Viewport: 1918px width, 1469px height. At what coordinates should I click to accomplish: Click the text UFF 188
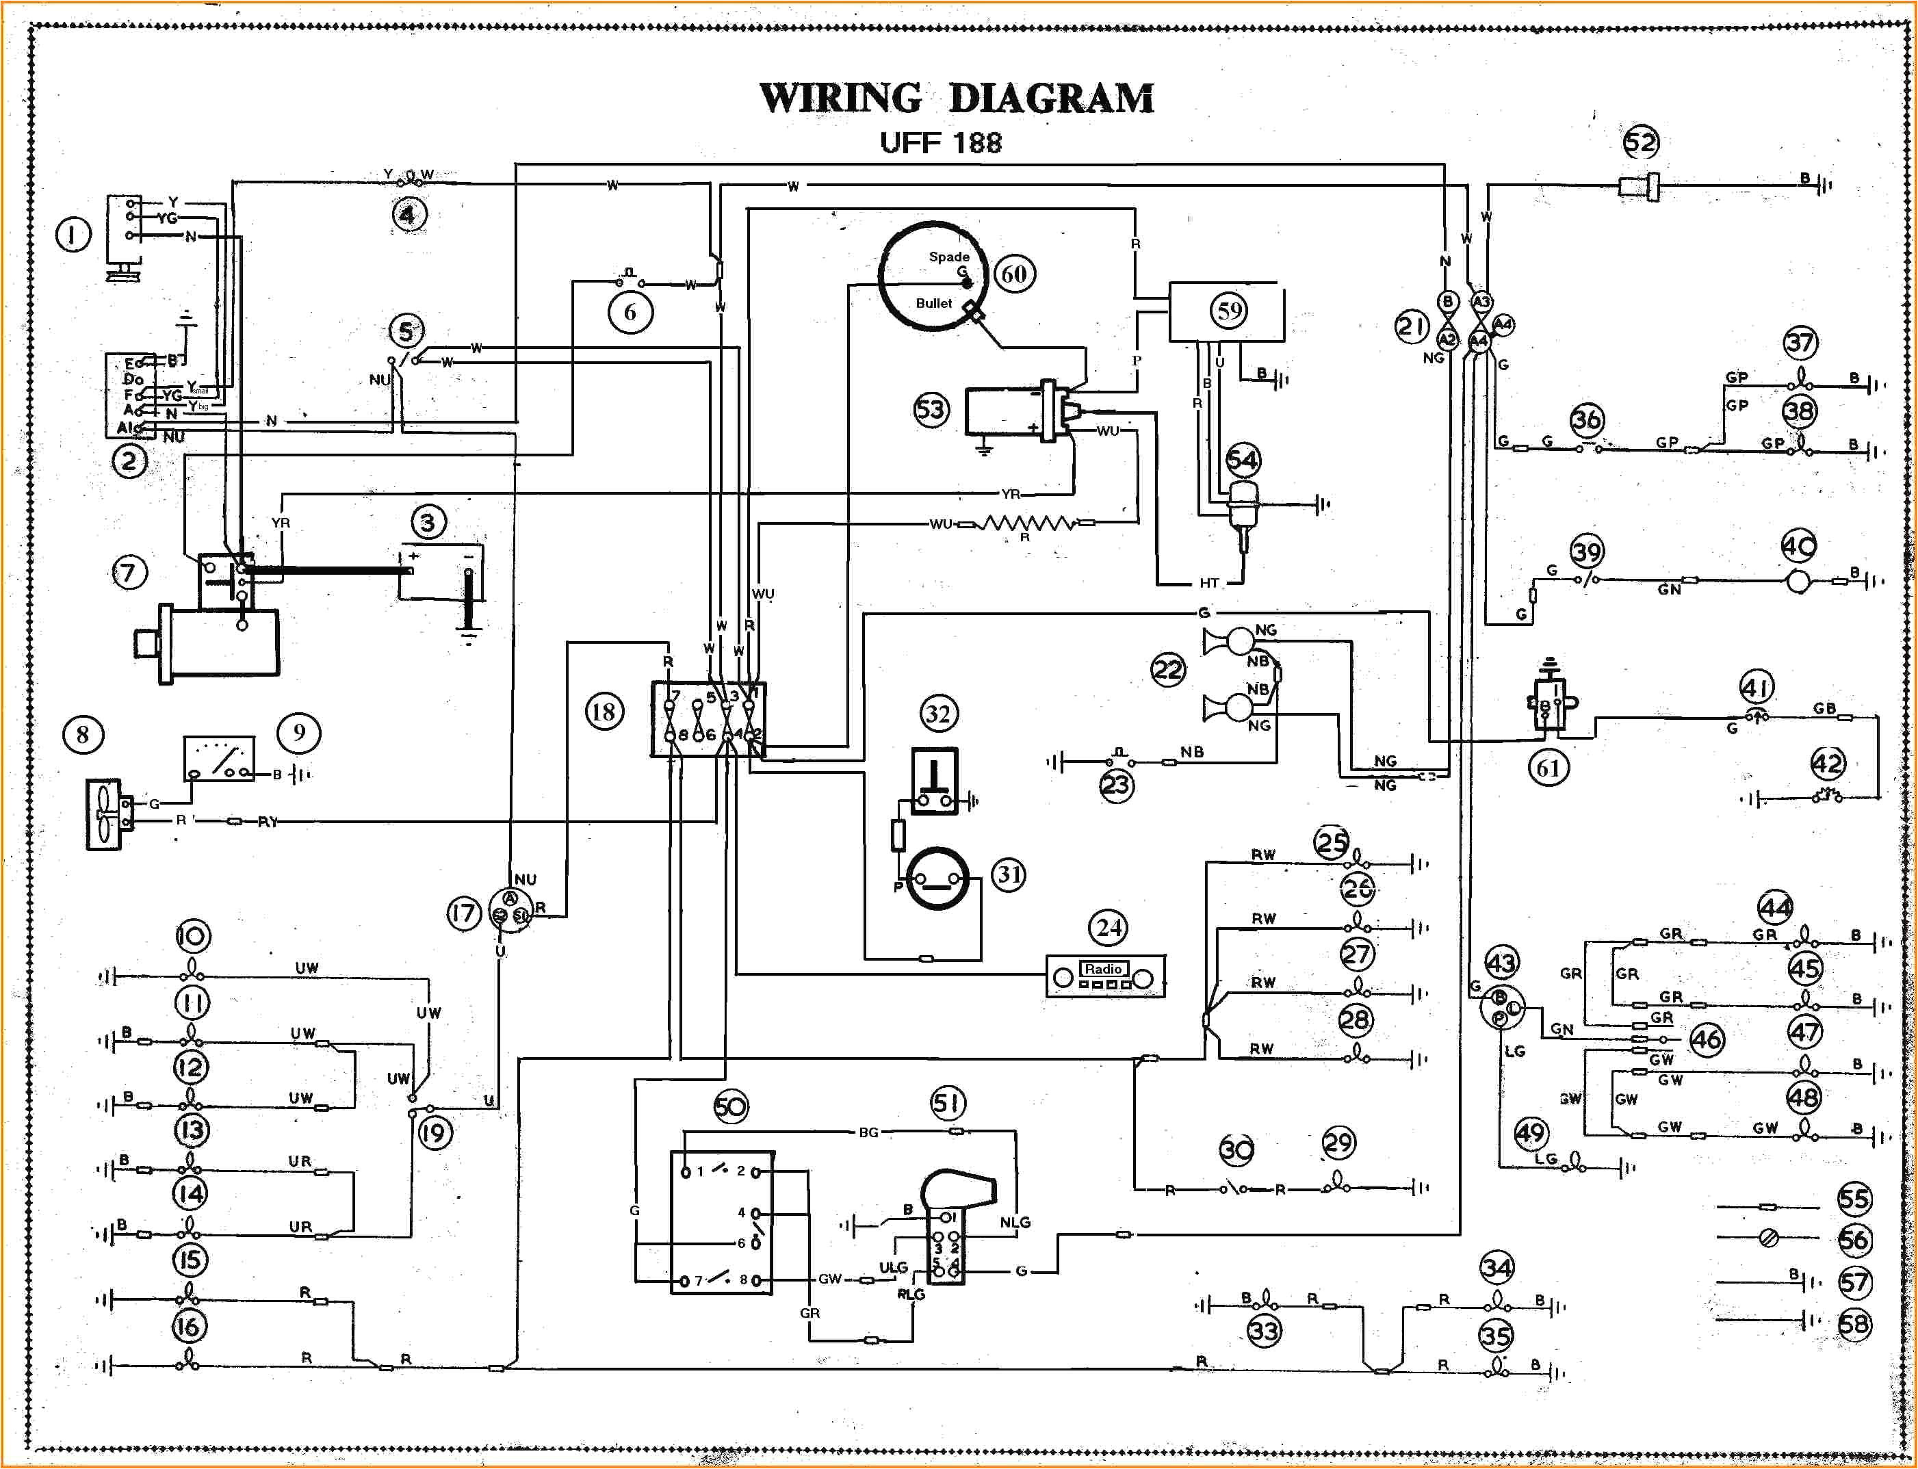[940, 142]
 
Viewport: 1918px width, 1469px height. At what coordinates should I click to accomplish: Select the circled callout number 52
[1641, 142]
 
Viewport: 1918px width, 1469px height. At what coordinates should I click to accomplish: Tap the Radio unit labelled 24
[1106, 976]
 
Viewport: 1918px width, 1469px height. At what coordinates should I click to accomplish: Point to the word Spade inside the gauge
[948, 256]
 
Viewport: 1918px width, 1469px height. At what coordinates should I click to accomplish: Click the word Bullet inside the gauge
[933, 303]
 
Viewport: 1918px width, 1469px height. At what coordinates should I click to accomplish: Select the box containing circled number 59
[1227, 311]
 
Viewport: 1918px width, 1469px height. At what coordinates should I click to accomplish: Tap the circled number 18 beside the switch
[604, 712]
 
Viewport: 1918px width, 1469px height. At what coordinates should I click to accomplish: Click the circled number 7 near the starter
[129, 573]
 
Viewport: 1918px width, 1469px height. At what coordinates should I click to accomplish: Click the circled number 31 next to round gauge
[1009, 874]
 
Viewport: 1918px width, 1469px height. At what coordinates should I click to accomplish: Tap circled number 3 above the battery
[428, 523]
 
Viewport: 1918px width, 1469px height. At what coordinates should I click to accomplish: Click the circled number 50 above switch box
[730, 1107]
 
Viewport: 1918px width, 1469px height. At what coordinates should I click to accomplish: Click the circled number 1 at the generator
[73, 234]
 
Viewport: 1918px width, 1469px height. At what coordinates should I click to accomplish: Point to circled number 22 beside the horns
[1167, 671]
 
